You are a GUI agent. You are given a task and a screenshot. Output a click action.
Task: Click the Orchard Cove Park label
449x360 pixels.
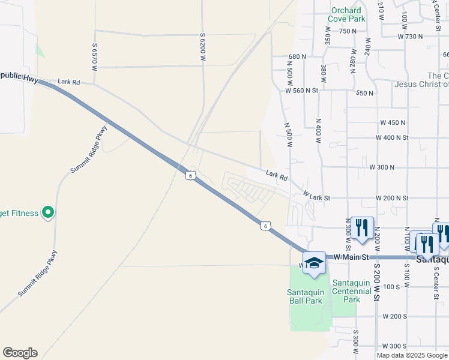point(346,14)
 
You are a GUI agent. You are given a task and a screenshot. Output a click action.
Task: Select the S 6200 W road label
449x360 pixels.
point(203,47)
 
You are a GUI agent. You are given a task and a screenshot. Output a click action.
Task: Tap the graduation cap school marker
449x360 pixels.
point(314,264)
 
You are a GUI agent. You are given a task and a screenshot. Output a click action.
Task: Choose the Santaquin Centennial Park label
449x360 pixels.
point(355,291)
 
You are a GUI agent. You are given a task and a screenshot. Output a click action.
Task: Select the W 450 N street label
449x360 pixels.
point(393,122)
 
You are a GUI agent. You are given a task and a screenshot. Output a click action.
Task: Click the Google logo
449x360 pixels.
point(20,353)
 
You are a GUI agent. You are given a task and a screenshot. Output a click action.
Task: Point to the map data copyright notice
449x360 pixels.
point(412,355)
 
